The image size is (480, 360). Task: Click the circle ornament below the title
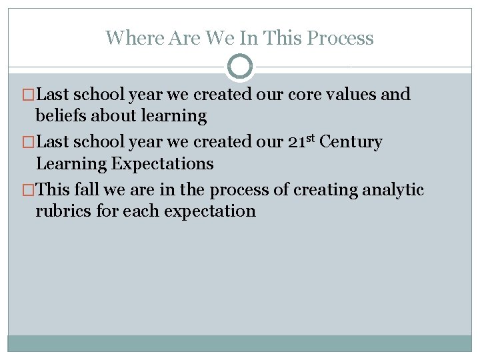[x=240, y=67]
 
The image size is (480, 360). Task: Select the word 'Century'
[x=351, y=142]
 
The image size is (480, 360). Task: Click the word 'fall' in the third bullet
[x=86, y=190]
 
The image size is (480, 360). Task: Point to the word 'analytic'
[x=393, y=190]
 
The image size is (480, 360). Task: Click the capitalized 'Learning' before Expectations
[x=71, y=163]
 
